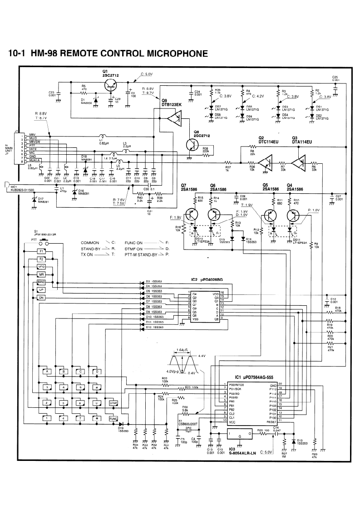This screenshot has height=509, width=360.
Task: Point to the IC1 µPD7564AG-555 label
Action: click(x=253, y=377)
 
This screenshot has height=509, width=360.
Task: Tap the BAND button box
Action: click(x=41, y=282)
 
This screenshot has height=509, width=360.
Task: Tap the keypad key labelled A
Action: click(x=46, y=372)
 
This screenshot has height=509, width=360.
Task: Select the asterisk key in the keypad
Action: click(x=96, y=418)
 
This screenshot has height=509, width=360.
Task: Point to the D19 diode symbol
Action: click(x=121, y=424)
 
